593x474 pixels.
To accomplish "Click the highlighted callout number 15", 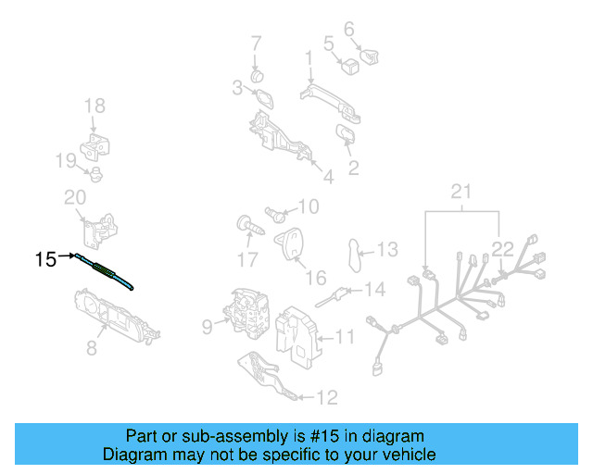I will point(45,260).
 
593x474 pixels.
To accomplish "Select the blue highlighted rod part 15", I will point(107,272).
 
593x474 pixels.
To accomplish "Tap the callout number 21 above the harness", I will point(461,192).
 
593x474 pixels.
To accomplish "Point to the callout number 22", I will point(502,247).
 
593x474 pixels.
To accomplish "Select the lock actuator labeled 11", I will point(298,331).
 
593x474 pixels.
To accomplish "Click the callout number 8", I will point(91,348).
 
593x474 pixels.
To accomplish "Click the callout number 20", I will point(75,196).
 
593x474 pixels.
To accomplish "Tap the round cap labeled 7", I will point(259,74).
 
